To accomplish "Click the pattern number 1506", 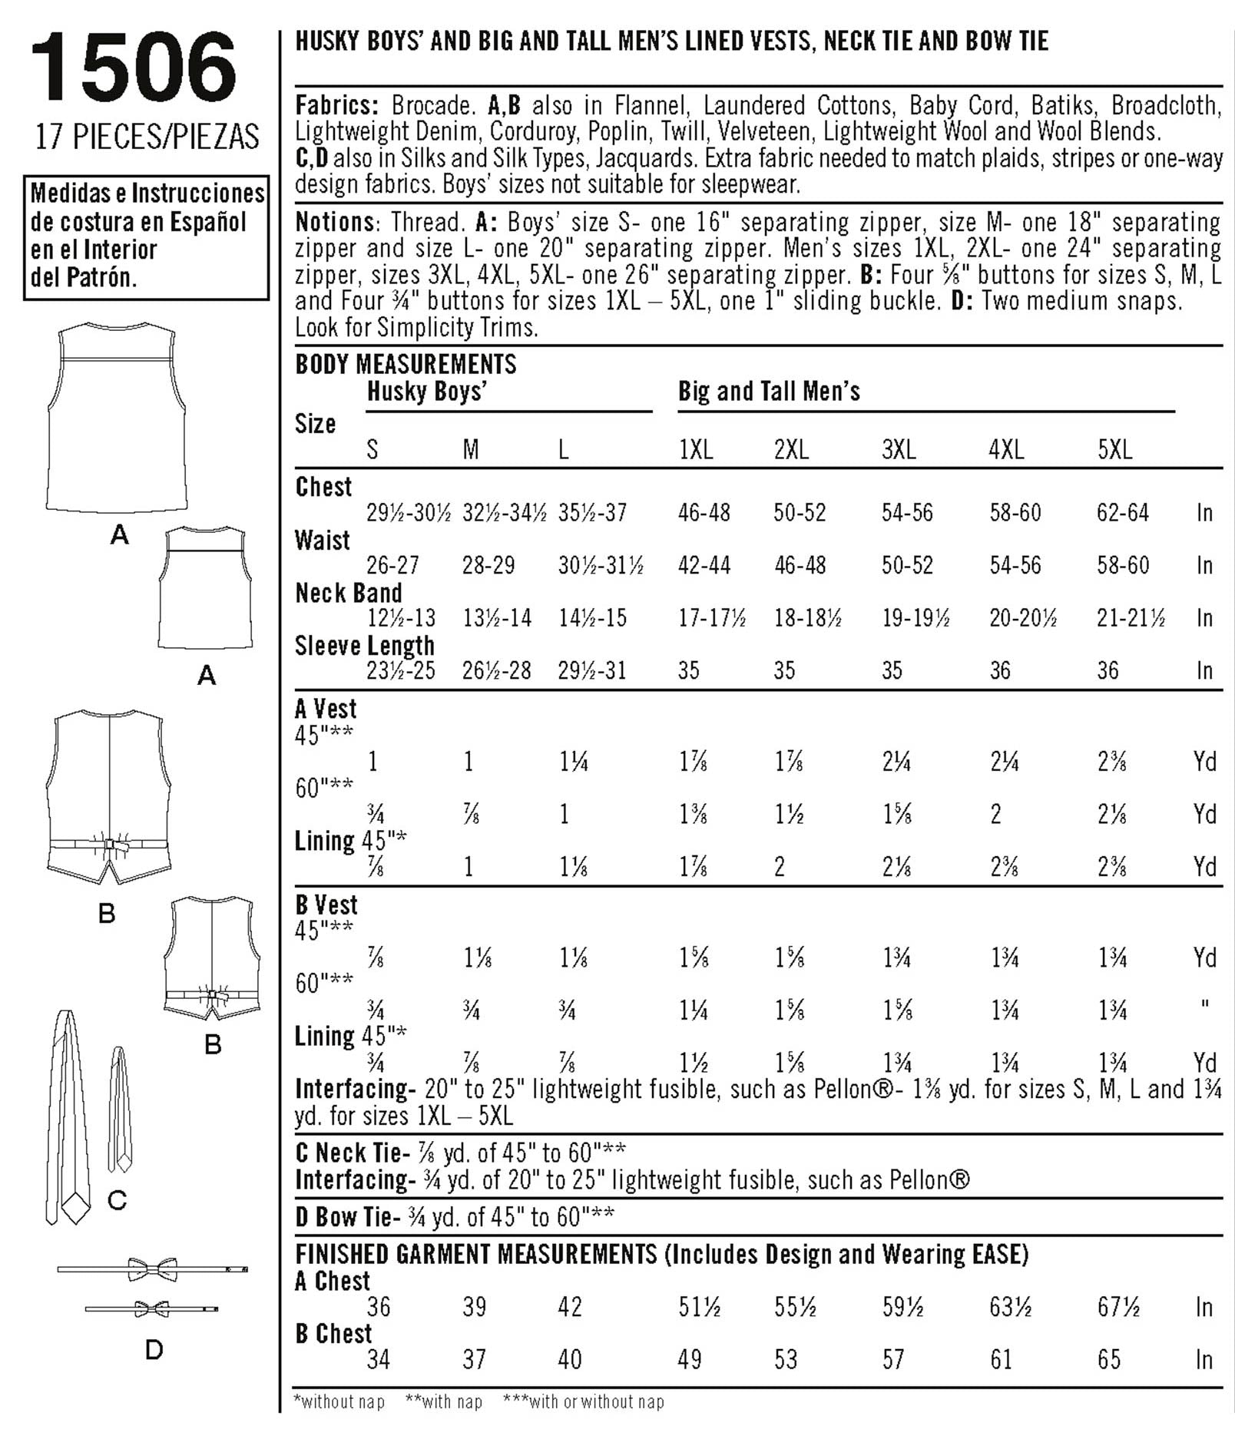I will pyautogui.click(x=133, y=69).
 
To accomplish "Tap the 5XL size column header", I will pyautogui.click(x=1114, y=450).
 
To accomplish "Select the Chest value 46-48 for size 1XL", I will pyautogui.click(x=704, y=513).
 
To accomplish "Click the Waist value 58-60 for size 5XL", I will pyautogui.click(x=1123, y=566).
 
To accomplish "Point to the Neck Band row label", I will pyautogui.click(x=349, y=594).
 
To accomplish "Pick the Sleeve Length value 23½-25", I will pyautogui.click(x=401, y=671).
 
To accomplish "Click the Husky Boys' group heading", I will pyautogui.click(x=427, y=392).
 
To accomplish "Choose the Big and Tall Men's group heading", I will pyautogui.click(x=769, y=392).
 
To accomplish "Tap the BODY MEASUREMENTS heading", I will pyautogui.click(x=406, y=364).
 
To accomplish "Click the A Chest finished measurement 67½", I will pyautogui.click(x=1118, y=1307).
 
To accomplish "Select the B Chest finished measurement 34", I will pyautogui.click(x=379, y=1360).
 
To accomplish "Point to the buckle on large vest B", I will pyautogui.click(x=109, y=845).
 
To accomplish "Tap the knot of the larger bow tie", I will pyautogui.click(x=153, y=1268).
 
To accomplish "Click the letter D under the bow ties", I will pyautogui.click(x=154, y=1349).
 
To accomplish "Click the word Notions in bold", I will pyautogui.click(x=335, y=223).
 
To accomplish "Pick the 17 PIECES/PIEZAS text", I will pyautogui.click(x=147, y=137).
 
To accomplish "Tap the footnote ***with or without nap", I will pyautogui.click(x=583, y=1402).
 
